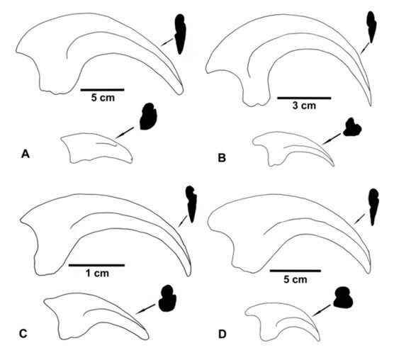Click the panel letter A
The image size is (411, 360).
click(26, 154)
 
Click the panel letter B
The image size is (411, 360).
click(222, 158)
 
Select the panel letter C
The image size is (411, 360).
click(23, 334)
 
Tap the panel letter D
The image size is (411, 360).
click(222, 334)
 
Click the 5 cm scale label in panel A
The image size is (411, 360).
click(103, 98)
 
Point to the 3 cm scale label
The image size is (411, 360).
click(304, 106)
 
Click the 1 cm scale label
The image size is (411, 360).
click(97, 274)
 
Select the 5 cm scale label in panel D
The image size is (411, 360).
click(295, 279)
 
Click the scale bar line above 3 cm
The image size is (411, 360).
click(304, 98)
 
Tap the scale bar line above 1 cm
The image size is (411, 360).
click(96, 265)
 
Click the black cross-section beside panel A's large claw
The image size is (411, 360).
click(180, 34)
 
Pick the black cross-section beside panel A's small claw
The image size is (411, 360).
click(148, 116)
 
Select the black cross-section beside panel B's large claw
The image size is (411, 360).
click(371, 27)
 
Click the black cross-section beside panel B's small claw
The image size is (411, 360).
click(352, 128)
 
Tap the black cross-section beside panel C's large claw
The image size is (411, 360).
click(191, 204)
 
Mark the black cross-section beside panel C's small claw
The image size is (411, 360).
click(167, 298)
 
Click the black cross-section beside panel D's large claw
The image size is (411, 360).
click(373, 207)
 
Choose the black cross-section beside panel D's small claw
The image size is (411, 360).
click(343, 298)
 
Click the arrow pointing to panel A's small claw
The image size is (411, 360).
click(124, 133)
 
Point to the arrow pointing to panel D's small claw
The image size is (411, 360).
click(321, 310)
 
